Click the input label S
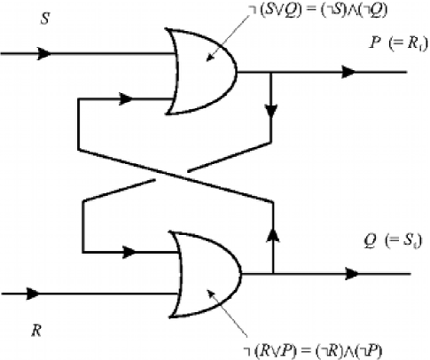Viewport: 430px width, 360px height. point(44,17)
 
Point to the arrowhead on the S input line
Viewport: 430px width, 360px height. point(43,52)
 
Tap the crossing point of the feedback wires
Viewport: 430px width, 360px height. point(176,176)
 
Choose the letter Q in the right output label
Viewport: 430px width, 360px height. point(371,239)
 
